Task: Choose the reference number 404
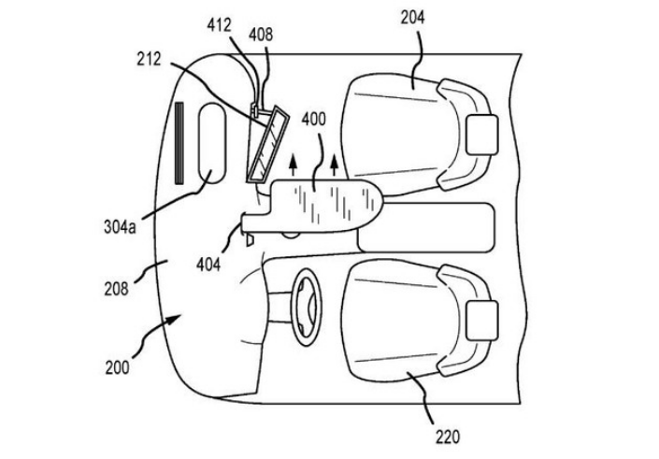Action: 209,265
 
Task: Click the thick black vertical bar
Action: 179,141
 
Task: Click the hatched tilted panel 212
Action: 266,146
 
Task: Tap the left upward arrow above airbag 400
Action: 293,167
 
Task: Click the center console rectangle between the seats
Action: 426,227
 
